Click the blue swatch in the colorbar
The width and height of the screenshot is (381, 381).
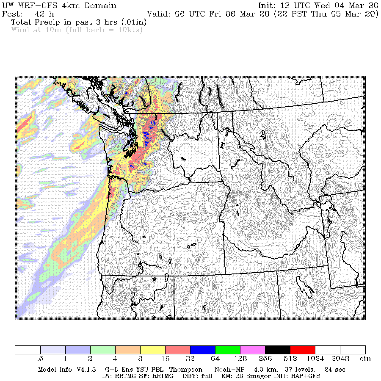(203, 350)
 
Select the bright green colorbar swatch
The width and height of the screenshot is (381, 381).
(228, 350)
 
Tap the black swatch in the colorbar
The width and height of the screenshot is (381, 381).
(278, 350)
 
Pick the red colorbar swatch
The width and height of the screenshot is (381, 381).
(303, 350)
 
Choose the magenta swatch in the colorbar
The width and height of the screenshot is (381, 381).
(253, 350)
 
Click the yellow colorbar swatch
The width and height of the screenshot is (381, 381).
(153, 350)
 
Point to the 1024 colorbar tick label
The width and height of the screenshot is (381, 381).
(315, 359)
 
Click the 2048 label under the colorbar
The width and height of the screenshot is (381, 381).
(340, 359)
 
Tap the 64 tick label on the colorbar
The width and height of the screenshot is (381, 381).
(215, 359)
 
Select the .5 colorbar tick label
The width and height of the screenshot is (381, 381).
(41, 359)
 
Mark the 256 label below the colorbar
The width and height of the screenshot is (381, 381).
(265, 359)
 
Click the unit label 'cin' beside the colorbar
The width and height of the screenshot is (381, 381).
(365, 359)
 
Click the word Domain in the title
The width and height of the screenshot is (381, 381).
(102, 6)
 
